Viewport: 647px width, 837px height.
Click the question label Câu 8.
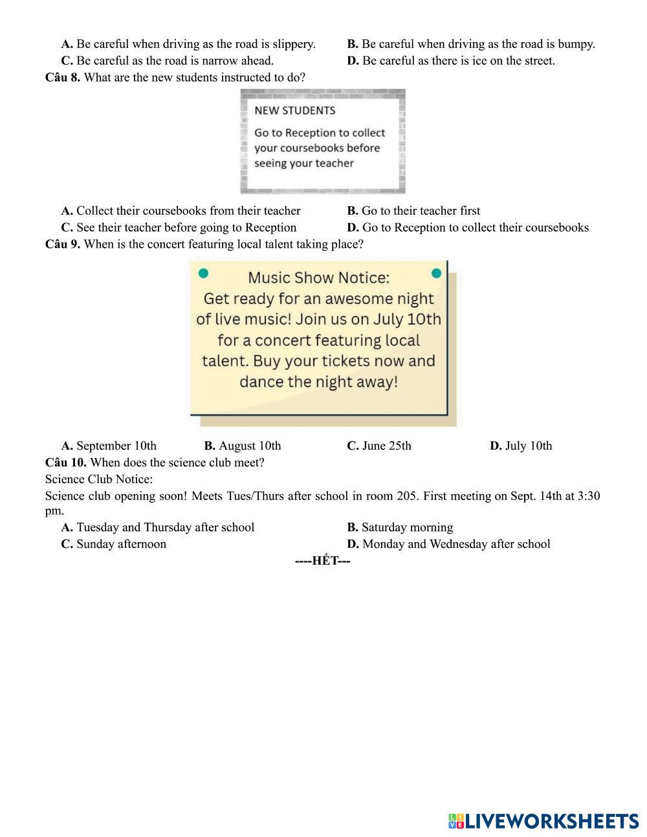point(63,78)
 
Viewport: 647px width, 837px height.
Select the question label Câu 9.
point(63,245)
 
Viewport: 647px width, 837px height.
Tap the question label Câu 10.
point(65,462)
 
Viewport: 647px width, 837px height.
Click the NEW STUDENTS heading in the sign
point(294,111)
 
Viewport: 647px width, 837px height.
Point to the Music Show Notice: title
point(318,278)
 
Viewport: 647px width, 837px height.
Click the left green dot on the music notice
point(203,274)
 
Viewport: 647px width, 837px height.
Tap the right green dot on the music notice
point(436,274)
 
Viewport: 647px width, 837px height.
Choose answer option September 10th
point(116,446)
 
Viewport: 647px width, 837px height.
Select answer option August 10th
point(249,446)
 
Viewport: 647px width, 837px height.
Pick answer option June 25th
point(386,446)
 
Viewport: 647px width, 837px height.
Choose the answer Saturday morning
point(407,527)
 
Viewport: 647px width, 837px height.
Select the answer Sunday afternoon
point(121,544)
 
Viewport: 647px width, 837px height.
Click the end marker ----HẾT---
point(322,561)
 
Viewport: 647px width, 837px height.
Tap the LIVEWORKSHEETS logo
point(543,821)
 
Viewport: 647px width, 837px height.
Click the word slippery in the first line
point(294,44)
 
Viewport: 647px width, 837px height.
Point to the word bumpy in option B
point(576,44)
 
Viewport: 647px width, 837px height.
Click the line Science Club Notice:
point(99,479)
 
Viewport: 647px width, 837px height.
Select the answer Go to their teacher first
point(421,211)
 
